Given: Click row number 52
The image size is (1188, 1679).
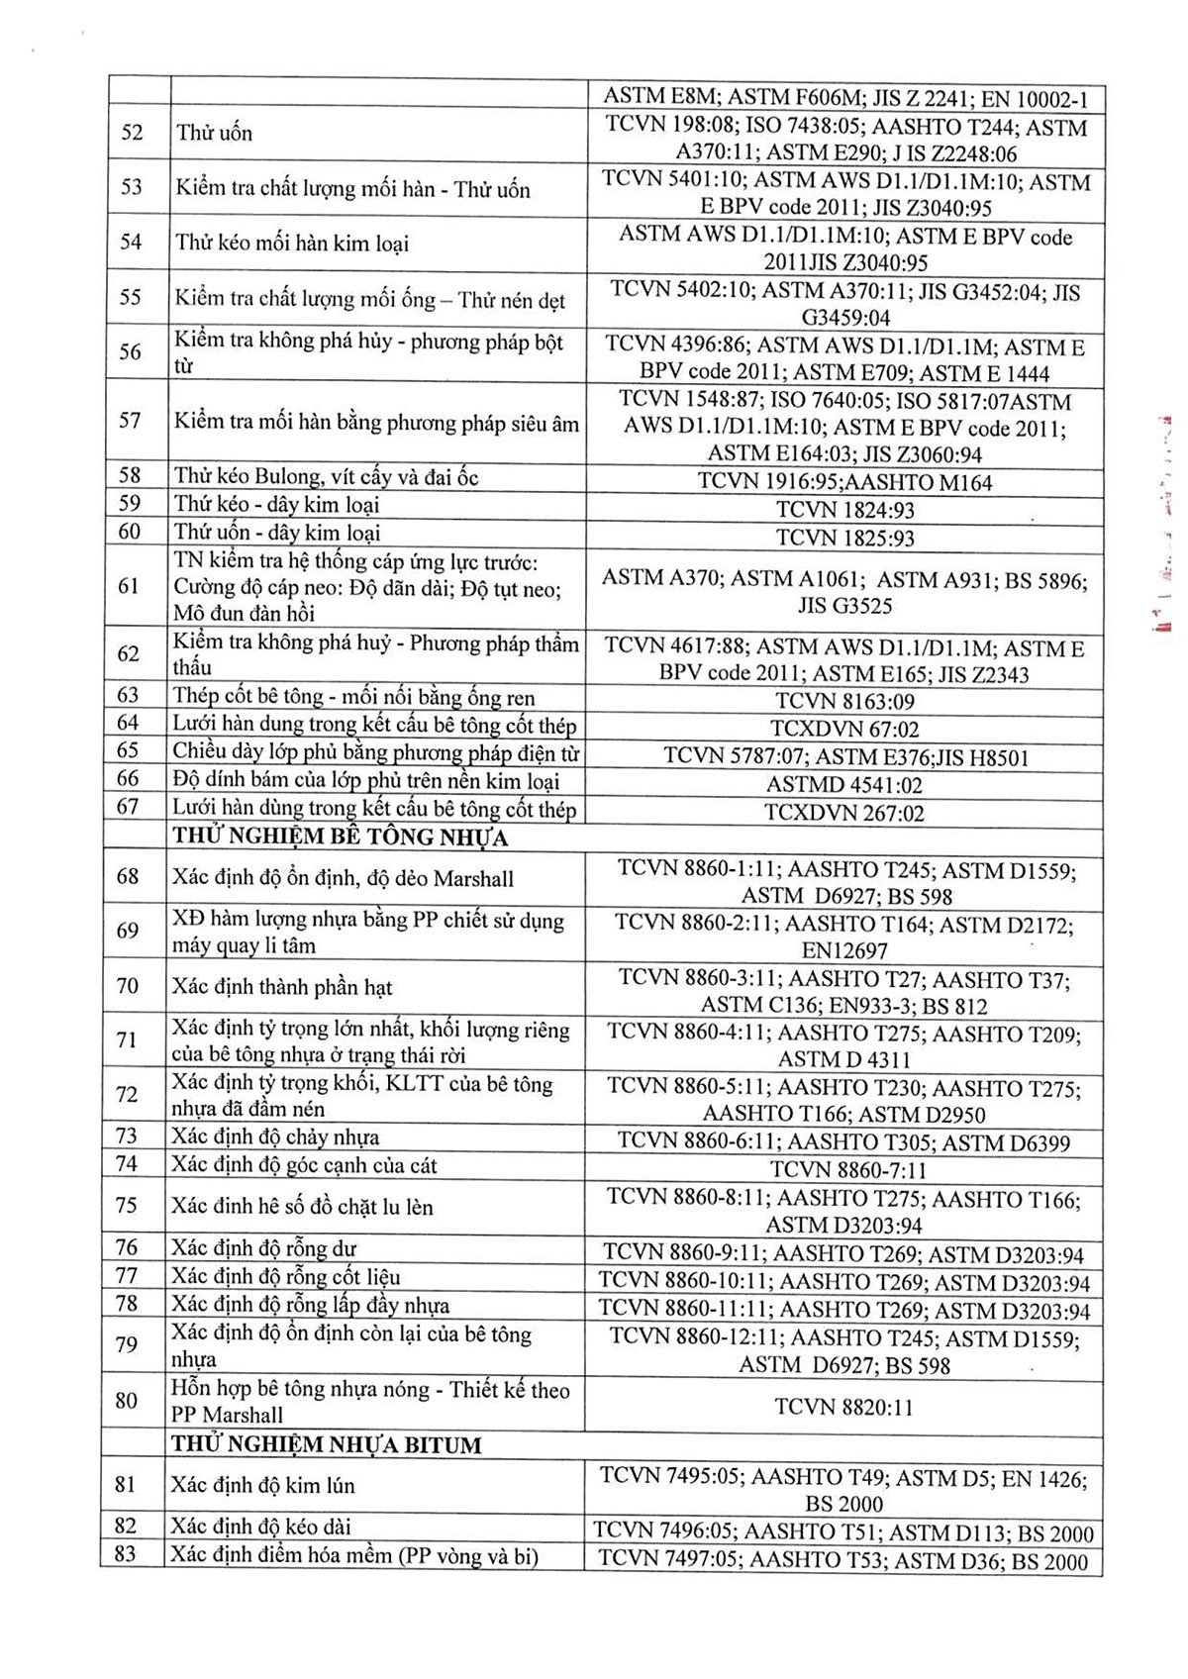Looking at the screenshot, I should (x=132, y=133).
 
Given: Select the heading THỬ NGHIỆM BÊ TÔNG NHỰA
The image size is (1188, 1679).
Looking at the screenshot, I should (x=340, y=838).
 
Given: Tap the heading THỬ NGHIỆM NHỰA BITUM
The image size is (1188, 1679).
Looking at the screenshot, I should (x=326, y=1444).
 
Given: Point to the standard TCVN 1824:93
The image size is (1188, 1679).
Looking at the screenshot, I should (x=844, y=510).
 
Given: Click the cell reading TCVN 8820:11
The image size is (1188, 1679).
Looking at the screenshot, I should (x=843, y=1407).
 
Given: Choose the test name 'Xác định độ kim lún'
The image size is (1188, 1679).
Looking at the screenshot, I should (x=262, y=1485).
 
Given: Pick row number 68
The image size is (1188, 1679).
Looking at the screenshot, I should (x=128, y=876).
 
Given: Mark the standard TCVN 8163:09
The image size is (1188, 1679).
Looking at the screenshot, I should (x=844, y=702).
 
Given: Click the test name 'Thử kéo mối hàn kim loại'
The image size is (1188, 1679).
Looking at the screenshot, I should (x=292, y=243).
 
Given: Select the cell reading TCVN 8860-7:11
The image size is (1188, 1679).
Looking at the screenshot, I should (x=847, y=1169).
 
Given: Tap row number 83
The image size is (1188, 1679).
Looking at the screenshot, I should (x=125, y=1553).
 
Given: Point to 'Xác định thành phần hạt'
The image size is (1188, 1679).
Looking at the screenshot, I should (x=282, y=987).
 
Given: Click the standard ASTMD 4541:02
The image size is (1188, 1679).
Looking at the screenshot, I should (x=844, y=785).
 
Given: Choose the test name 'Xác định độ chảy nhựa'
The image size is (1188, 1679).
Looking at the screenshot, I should (x=275, y=1137).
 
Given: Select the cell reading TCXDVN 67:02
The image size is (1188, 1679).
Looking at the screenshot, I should (x=843, y=730).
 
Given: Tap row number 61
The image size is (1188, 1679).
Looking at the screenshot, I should (x=129, y=586).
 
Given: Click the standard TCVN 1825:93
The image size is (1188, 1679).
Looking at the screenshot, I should (x=844, y=538).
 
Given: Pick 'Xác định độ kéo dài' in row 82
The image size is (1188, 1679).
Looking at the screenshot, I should (x=260, y=1526).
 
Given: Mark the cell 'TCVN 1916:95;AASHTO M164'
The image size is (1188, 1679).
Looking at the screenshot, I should (x=844, y=482).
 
